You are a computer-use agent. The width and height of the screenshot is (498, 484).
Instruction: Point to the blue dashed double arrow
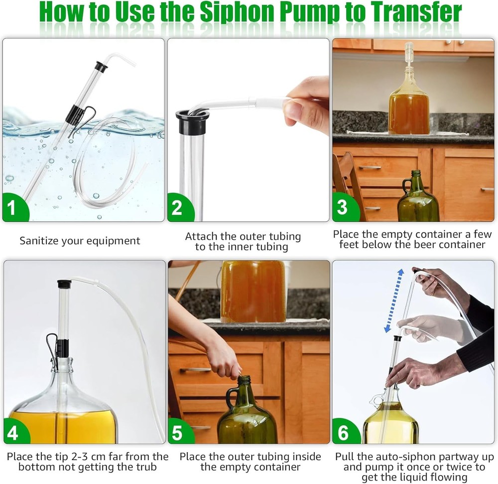[393, 300]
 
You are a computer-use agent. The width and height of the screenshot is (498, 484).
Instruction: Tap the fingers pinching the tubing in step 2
[304, 104]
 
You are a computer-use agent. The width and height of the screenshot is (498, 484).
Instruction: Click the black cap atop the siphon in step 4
[64, 284]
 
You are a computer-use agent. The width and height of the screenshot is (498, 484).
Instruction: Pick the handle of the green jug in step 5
[231, 398]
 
